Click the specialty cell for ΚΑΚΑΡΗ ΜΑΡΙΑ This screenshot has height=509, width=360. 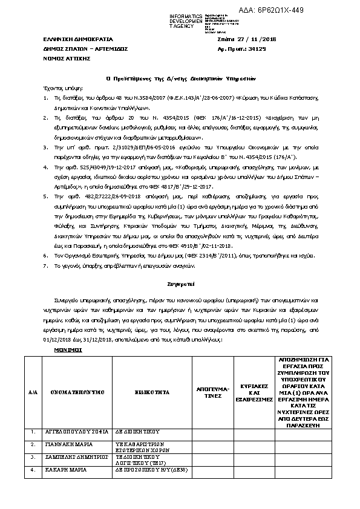click(152, 469)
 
